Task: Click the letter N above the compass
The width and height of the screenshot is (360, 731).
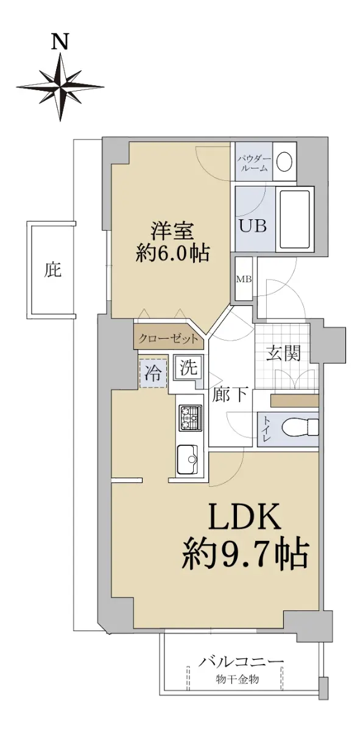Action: pos(60,43)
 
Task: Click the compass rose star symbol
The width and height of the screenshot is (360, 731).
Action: pos(60,87)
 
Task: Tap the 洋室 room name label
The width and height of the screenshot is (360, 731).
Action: pos(172,231)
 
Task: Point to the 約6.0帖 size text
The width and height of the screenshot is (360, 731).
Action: pos(172,253)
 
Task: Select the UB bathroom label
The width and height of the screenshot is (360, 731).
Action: pos(253,225)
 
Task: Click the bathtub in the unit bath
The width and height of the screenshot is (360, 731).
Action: pos(294,219)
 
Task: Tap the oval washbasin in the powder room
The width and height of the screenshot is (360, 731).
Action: pos(284,161)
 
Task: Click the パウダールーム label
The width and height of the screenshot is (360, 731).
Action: pos(254,164)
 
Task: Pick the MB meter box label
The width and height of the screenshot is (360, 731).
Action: pos(244,280)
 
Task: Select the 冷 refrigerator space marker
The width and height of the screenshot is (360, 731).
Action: pos(153,373)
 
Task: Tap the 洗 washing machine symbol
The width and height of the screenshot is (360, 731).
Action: pos(189,368)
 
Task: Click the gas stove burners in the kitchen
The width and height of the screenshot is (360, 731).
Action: pos(189,418)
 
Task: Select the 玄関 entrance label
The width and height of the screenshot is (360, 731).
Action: pos(283,353)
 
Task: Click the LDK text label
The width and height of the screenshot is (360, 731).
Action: pos(244,517)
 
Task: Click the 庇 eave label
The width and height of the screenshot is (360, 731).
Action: pos(52,270)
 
